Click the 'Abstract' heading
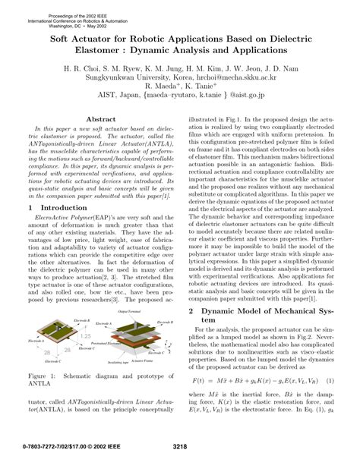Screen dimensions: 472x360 [x=101, y=120]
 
